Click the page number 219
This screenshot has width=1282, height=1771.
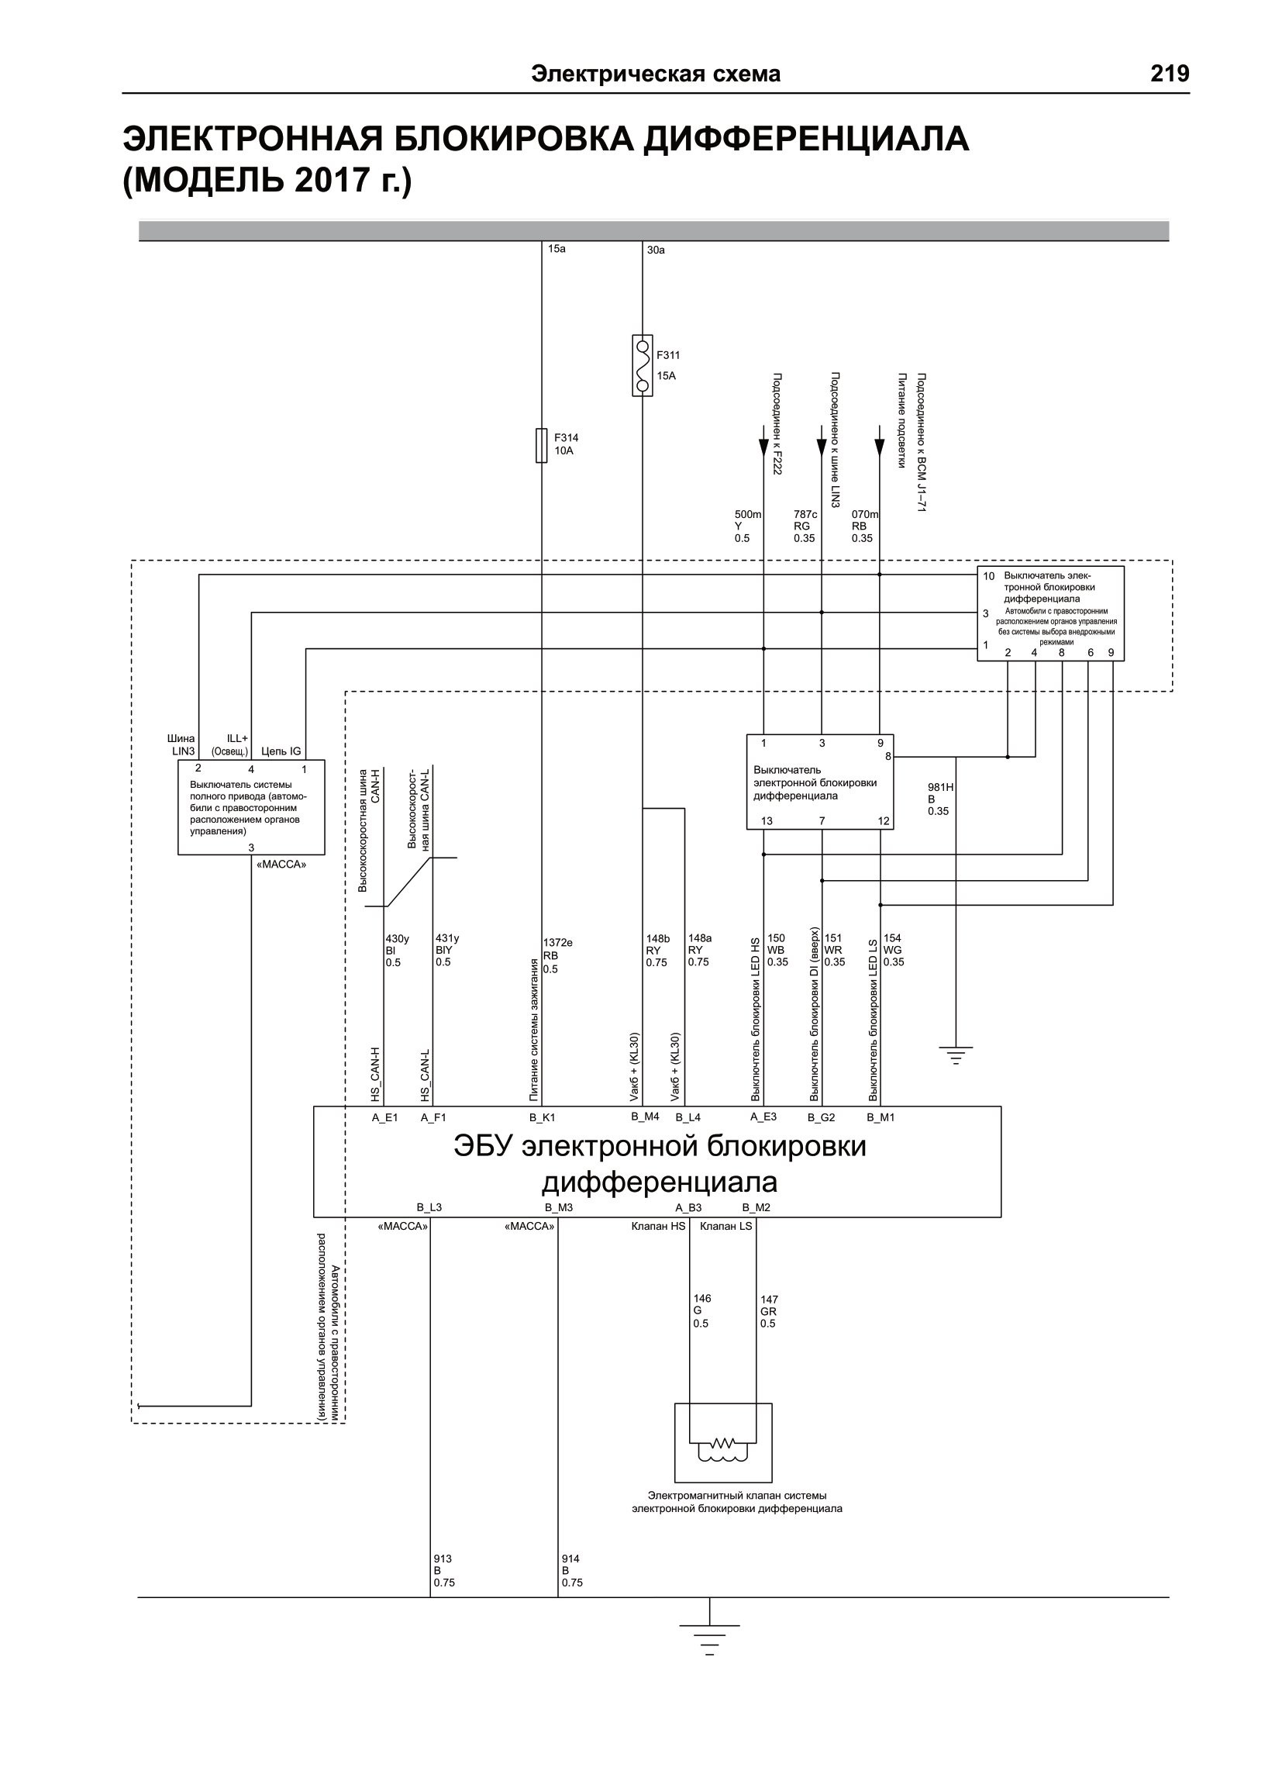1170,74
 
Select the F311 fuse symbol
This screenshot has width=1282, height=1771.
642,365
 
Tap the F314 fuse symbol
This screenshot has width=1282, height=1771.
541,445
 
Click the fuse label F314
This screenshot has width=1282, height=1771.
566,438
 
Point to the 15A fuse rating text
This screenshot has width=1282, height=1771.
666,375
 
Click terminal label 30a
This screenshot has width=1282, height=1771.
656,250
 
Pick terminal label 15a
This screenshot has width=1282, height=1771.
557,249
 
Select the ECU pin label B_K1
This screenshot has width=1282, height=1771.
542,1117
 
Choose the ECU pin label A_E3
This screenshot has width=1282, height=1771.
763,1117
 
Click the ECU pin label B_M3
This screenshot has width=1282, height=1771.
559,1207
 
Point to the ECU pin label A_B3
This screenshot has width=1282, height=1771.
688,1207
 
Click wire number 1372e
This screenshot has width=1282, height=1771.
557,943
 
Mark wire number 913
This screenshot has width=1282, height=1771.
443,1559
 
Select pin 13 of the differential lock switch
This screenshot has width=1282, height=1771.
767,820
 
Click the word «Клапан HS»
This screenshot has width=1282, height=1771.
658,1226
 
